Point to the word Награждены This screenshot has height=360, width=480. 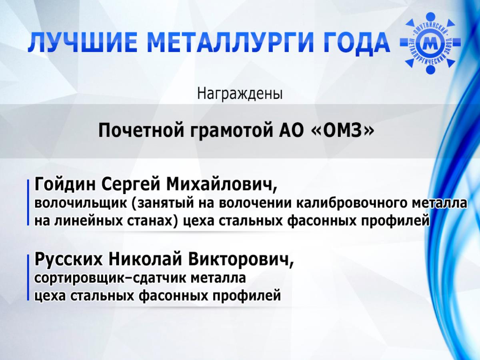(x=240, y=94)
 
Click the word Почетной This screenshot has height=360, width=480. (x=141, y=131)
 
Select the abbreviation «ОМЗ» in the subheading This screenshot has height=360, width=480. (x=342, y=130)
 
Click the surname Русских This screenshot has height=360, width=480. (x=68, y=260)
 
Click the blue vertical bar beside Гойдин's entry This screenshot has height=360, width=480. (x=28, y=202)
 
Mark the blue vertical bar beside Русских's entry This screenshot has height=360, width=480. (x=28, y=277)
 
